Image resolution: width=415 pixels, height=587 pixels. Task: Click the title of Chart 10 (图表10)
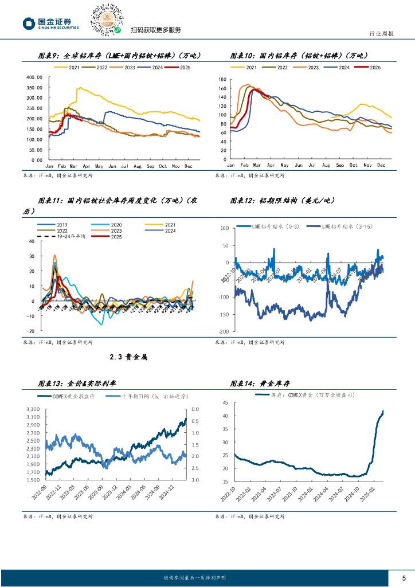click(298, 56)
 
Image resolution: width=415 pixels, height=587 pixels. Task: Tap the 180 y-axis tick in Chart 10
click(222, 77)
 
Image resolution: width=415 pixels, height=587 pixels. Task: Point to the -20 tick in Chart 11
click(30, 331)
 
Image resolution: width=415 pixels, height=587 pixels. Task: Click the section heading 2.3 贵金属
click(128, 357)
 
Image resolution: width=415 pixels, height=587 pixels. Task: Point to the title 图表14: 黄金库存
click(264, 383)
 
